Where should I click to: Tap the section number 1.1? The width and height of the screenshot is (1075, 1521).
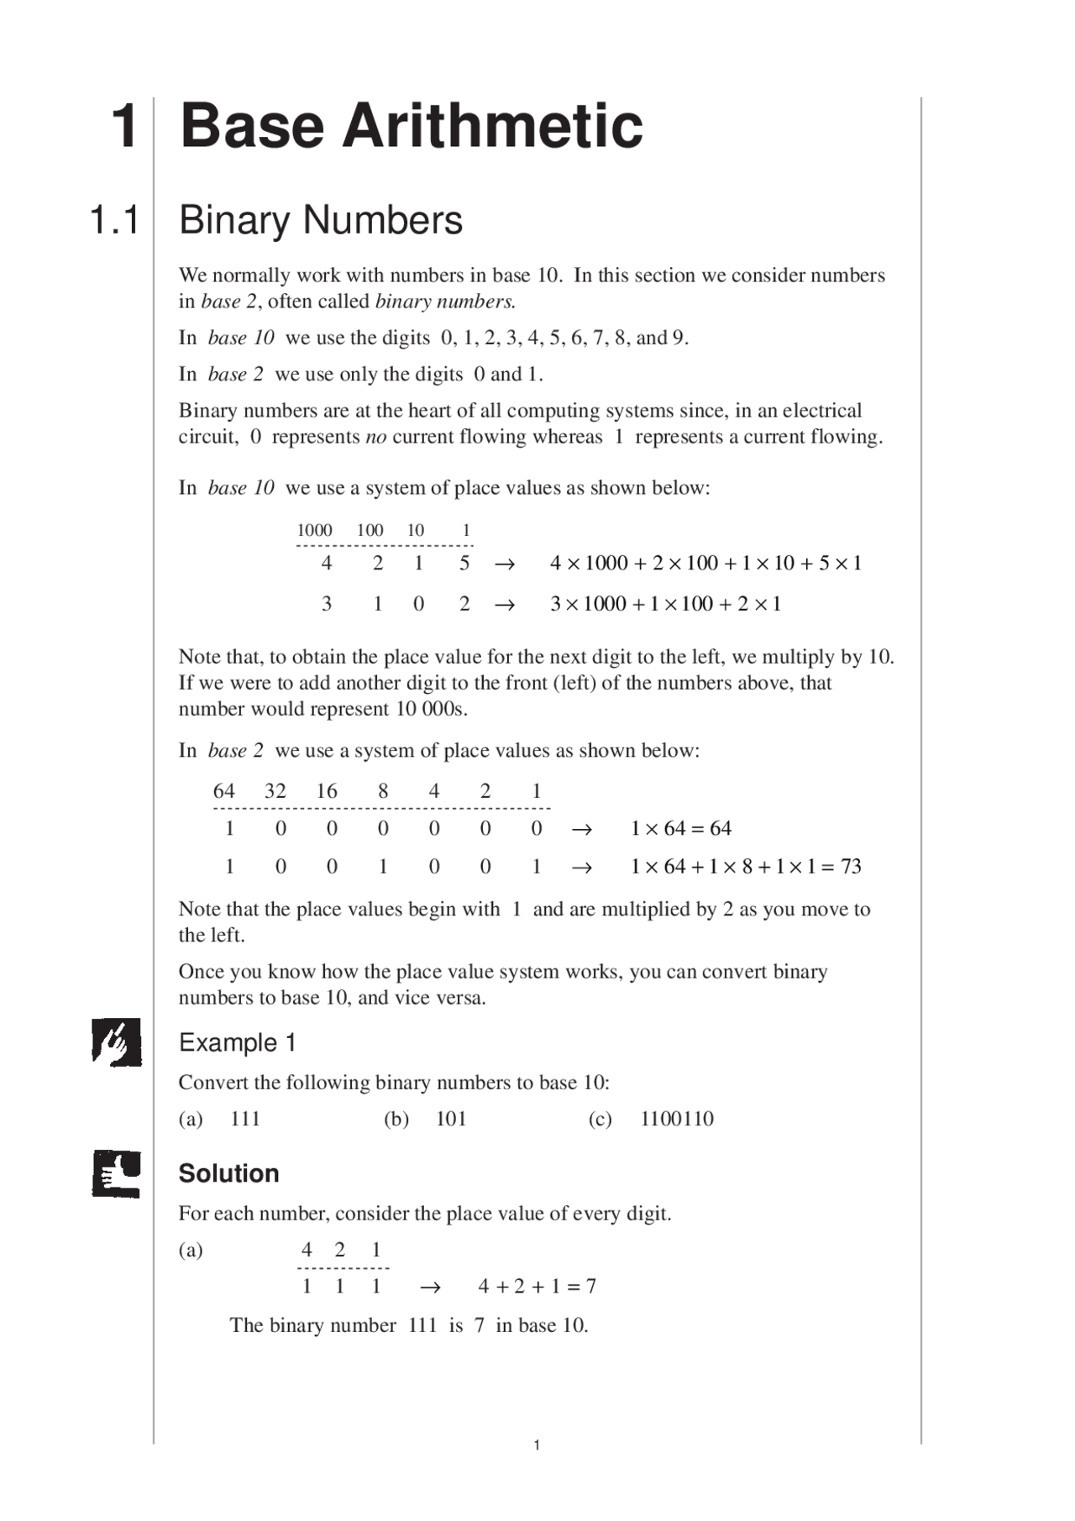[x=114, y=221]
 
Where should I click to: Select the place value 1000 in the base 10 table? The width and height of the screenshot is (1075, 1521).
[x=314, y=530]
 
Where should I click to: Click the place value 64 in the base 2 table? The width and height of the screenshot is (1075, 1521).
[x=223, y=791]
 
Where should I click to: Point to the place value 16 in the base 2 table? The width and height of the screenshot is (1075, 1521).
[x=326, y=791]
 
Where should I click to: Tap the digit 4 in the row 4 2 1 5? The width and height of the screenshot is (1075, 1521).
[x=327, y=564]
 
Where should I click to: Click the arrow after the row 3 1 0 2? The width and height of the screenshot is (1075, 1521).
[x=504, y=605]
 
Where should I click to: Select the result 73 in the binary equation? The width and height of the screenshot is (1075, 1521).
[x=851, y=867]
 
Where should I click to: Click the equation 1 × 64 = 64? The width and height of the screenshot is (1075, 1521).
[x=680, y=829]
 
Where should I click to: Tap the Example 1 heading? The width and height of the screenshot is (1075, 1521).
[x=237, y=1043]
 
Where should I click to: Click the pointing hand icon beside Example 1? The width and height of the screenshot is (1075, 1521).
[x=116, y=1042]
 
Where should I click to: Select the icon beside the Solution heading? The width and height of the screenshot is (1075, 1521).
[x=116, y=1173]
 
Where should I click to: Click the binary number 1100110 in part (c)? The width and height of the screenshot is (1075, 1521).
[x=676, y=1119]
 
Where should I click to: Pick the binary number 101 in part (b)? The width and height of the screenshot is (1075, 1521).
[x=450, y=1119]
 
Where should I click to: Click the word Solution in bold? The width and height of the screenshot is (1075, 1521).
[x=228, y=1173]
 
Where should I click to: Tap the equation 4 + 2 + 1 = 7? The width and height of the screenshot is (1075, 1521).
[x=537, y=1286]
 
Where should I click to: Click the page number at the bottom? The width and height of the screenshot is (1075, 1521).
[x=537, y=1445]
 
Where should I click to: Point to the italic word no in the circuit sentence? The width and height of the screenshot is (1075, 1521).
[x=375, y=437]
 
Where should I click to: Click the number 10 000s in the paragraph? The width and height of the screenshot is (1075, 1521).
[x=430, y=709]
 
